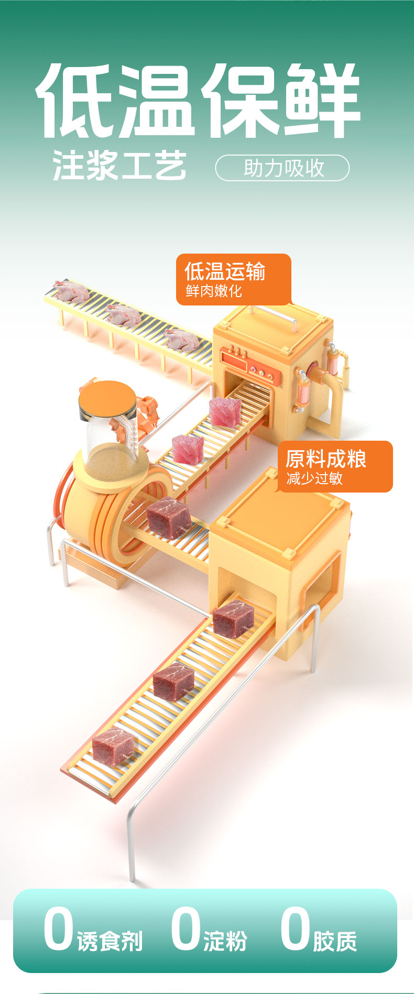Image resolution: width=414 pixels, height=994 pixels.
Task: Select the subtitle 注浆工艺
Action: (x=119, y=166)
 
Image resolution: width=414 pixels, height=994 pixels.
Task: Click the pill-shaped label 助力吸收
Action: (x=282, y=168)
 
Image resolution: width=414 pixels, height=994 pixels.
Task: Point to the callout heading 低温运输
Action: (x=225, y=271)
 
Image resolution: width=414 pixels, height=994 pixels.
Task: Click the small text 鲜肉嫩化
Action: (x=214, y=291)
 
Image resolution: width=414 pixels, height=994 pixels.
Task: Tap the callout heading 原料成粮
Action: (x=326, y=459)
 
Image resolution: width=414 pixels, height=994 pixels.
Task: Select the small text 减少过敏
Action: (x=314, y=478)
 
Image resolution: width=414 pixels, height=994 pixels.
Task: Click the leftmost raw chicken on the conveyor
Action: (x=71, y=290)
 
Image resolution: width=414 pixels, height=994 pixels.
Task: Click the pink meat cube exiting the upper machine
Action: (x=225, y=411)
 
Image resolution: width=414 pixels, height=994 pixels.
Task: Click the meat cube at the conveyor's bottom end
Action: (x=112, y=746)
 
